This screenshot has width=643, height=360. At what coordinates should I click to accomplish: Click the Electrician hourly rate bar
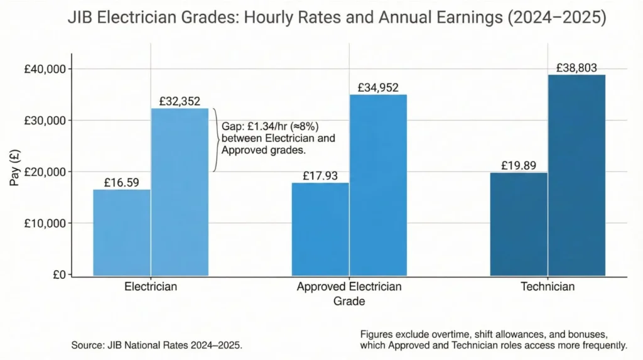coord(122,232)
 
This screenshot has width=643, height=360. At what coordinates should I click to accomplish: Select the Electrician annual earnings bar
coord(180,192)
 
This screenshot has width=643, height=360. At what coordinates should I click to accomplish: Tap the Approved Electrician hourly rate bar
coord(320,229)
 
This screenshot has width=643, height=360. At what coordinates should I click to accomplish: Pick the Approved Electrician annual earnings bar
coord(378,185)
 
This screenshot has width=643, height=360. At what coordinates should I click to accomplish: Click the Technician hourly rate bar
coord(519,224)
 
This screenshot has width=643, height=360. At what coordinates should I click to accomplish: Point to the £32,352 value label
coord(180,101)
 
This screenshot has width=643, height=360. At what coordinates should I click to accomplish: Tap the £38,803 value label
coord(576,67)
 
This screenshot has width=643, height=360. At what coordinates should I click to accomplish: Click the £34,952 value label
coord(378,87)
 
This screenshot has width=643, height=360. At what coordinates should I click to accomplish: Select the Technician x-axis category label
coord(548,286)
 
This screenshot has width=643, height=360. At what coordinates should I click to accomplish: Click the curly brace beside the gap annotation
coord(216,139)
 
